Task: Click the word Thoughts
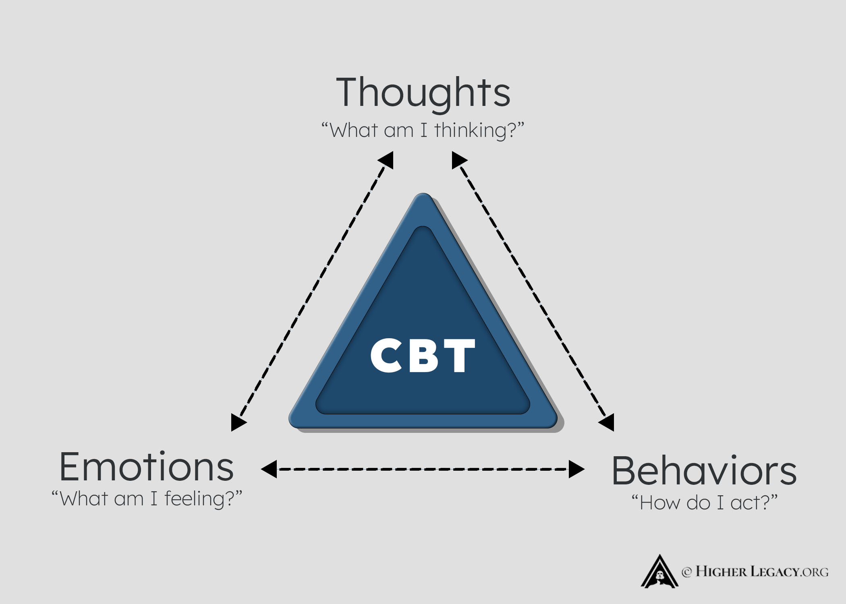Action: pos(423,92)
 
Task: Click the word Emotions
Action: pos(146,467)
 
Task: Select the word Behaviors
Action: pos(704,471)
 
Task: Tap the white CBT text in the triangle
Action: pos(423,355)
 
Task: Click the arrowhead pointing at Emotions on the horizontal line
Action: pos(268,469)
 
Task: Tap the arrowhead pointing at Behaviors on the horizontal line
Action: pos(577,469)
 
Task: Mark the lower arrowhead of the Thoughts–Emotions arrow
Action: pos(237,423)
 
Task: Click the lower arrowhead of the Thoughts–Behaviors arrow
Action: pos(608,423)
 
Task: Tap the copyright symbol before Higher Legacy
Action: pos(686,572)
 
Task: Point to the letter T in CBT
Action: pos(460,355)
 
